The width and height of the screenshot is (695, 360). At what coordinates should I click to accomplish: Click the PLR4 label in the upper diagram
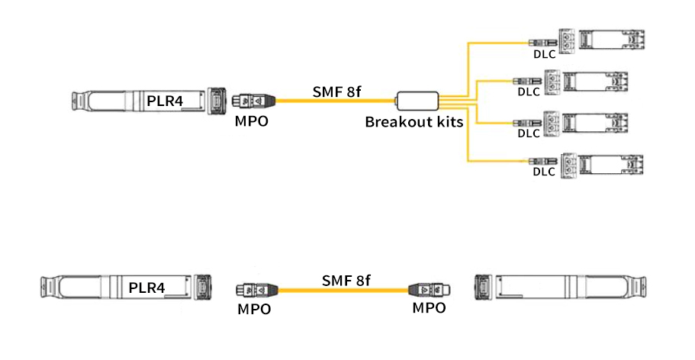pos(165,99)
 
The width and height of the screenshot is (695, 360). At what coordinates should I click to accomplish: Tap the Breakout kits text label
pos(413,121)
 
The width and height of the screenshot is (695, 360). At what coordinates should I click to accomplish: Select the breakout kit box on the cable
pos(417,100)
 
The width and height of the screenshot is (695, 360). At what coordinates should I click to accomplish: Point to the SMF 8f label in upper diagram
pos(336,92)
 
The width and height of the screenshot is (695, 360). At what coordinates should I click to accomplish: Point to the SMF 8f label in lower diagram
pos(346,281)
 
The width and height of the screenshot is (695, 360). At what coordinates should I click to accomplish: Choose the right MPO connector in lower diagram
pos(429,290)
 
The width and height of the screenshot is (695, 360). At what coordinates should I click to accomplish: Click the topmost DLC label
pos(544,54)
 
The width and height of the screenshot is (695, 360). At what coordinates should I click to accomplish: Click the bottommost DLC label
pos(543,172)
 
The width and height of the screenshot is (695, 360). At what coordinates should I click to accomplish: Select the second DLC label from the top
pos(528,92)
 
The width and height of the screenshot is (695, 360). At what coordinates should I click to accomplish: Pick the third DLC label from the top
pos(528,133)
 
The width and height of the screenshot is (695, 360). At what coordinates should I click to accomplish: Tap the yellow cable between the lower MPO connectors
pos(343,291)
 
